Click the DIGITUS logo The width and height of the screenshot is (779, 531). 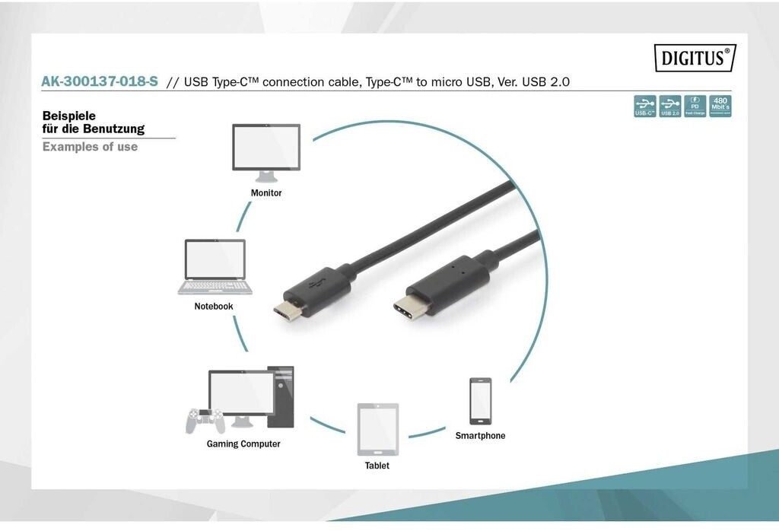coord(695,58)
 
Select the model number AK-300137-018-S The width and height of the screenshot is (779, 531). coord(100,81)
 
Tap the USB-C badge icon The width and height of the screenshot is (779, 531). coord(645,106)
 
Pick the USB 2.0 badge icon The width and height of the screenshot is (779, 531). coord(669,106)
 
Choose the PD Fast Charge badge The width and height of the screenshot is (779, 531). coord(695,106)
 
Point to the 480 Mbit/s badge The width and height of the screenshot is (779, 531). coord(720,106)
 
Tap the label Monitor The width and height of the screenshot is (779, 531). coord(266,193)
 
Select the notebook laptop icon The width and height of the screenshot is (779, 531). coord(215,267)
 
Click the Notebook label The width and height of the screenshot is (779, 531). coord(214,307)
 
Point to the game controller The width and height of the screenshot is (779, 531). coord(202,420)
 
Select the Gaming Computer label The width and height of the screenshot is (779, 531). coord(243,444)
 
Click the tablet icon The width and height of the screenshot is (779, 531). coord(377,429)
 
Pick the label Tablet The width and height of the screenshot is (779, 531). coord(377,466)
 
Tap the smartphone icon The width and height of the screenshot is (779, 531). coord(480,401)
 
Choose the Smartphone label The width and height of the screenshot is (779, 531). coord(480,436)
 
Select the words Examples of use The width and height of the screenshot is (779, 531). coord(90,147)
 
